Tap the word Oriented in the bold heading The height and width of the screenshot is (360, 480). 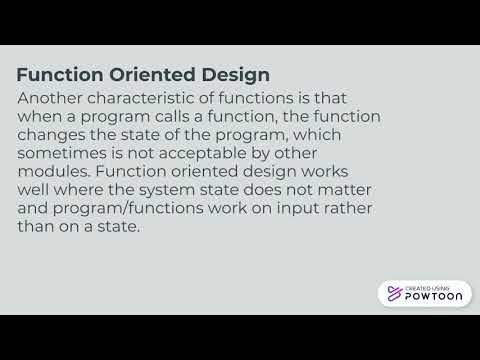click(x=150, y=75)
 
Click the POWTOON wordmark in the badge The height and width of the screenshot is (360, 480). click(x=431, y=297)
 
